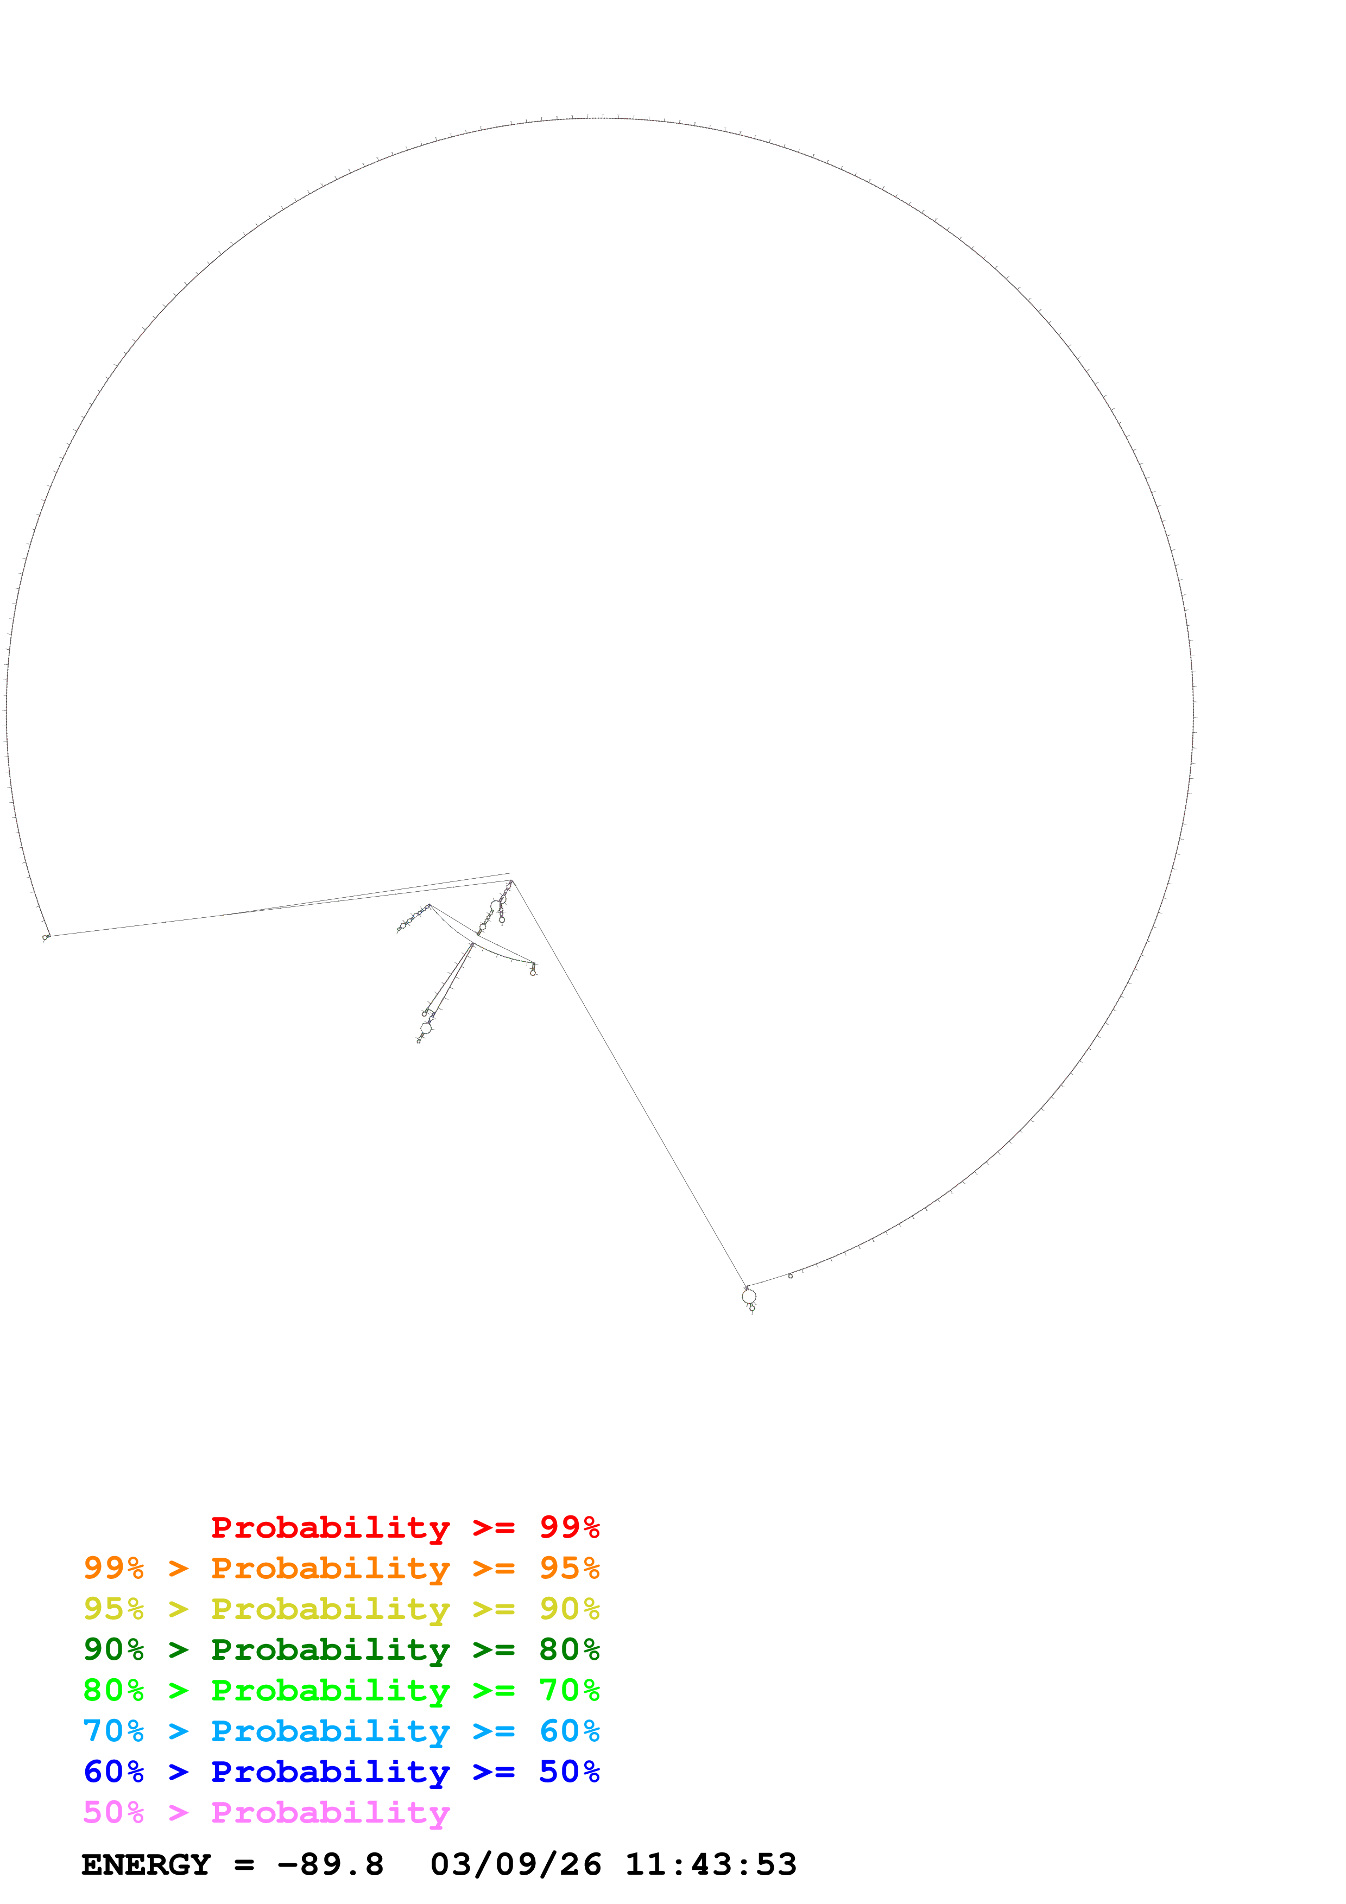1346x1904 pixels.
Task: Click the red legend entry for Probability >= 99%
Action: (x=405, y=1527)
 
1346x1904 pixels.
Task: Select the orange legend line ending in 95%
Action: (x=341, y=1568)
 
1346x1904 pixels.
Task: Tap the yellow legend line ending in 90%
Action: (x=341, y=1609)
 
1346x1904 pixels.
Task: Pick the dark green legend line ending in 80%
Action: (x=341, y=1649)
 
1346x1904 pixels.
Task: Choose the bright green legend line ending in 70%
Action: (x=341, y=1690)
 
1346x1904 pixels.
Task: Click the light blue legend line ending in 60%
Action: (x=341, y=1731)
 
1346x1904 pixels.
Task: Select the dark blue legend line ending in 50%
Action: (x=341, y=1772)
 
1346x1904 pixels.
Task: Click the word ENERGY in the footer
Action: (x=146, y=1865)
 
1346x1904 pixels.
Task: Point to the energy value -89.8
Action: (x=331, y=1865)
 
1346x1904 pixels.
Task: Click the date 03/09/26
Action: (x=516, y=1865)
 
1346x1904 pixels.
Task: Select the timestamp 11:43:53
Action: (x=711, y=1865)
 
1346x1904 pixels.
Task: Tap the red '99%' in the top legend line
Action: (x=570, y=1527)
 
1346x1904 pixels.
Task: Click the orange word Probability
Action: (x=330, y=1568)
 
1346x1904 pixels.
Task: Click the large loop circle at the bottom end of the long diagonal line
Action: (x=749, y=1296)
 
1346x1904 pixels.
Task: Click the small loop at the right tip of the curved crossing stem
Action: (x=533, y=971)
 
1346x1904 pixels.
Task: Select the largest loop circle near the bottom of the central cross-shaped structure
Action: (x=426, y=1029)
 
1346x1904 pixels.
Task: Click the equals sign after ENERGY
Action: (x=244, y=1865)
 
